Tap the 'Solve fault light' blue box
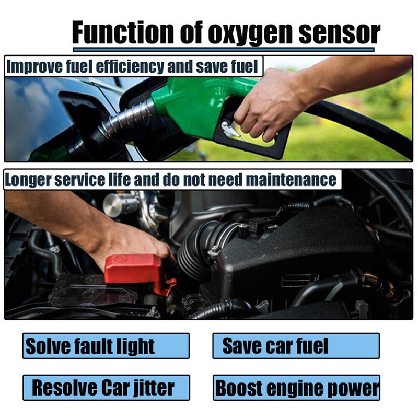106,346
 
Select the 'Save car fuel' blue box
296,346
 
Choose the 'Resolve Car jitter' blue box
106,388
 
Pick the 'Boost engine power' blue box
296,388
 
